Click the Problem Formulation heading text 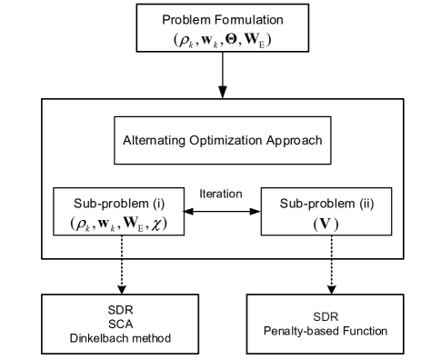pyautogui.click(x=223, y=19)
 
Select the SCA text pyautogui.click(x=114, y=323)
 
